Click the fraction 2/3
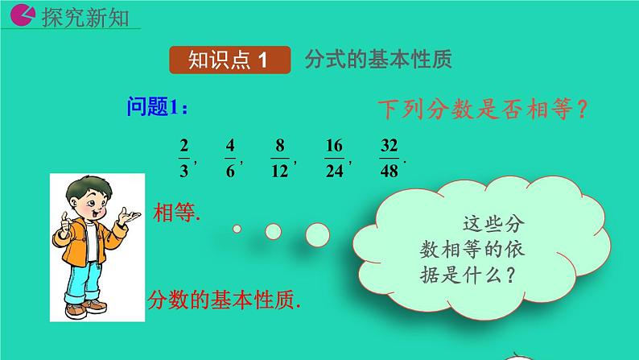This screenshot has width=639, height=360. (183, 159)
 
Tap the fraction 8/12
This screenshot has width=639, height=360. (280, 159)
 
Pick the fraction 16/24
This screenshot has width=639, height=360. (334, 159)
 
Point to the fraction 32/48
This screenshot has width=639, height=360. (389, 159)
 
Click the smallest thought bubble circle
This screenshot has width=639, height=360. (237, 229)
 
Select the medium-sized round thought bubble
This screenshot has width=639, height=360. (273, 231)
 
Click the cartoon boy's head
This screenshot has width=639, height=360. (86, 197)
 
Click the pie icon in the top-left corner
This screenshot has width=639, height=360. (24, 14)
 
